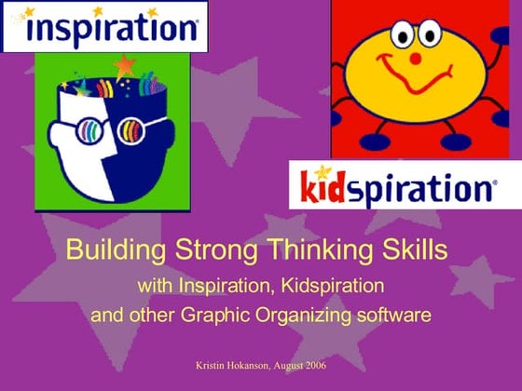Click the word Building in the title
pyautogui.click(x=107, y=249)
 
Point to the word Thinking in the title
pyautogui.click(x=295, y=249)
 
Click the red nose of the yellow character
pyautogui.click(x=416, y=58)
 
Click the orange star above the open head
pyautogui.click(x=125, y=66)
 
